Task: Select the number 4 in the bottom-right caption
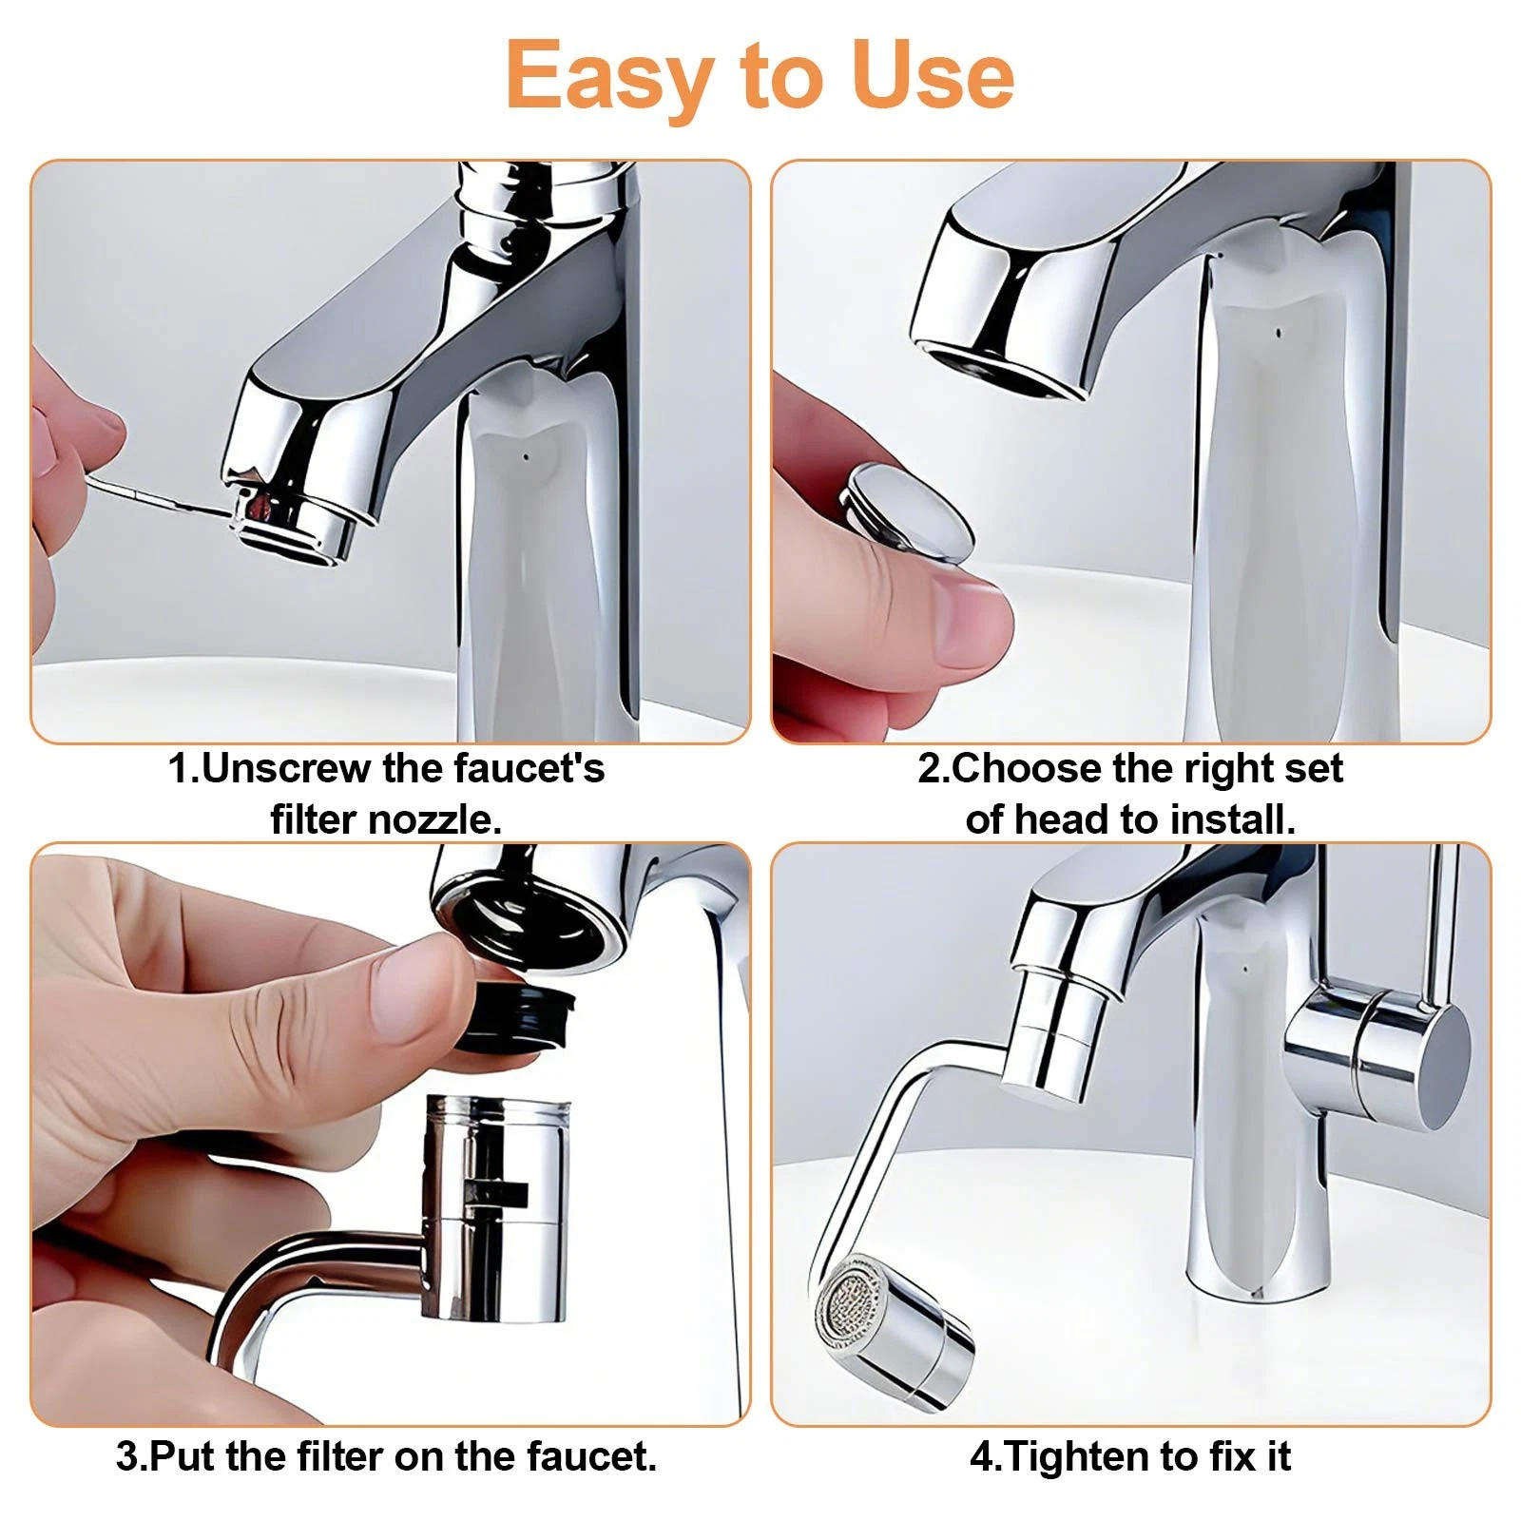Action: pos(980,1456)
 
